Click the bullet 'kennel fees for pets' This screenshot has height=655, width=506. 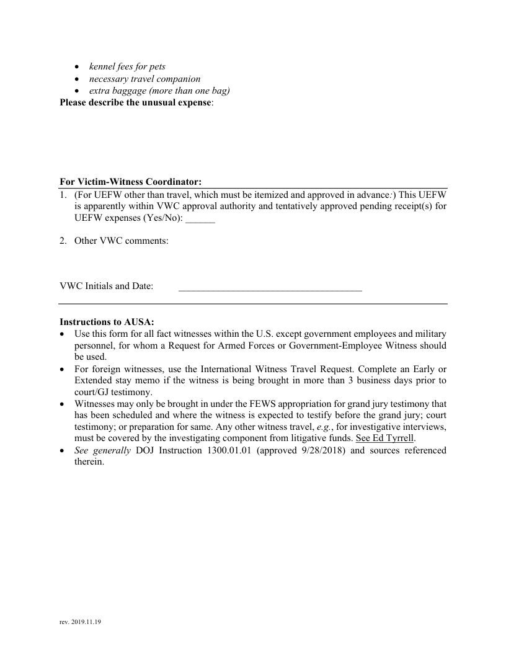127,66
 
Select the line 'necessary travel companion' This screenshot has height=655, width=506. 144,79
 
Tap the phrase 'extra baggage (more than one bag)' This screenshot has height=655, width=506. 159,91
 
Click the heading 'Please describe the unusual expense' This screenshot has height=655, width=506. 136,103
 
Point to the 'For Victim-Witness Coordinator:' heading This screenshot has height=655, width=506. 130,182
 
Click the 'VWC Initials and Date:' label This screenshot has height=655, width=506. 106,286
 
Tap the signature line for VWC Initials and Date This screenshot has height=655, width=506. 270,288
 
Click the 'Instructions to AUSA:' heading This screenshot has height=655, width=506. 107,322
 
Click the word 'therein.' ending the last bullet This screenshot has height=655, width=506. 89,462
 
